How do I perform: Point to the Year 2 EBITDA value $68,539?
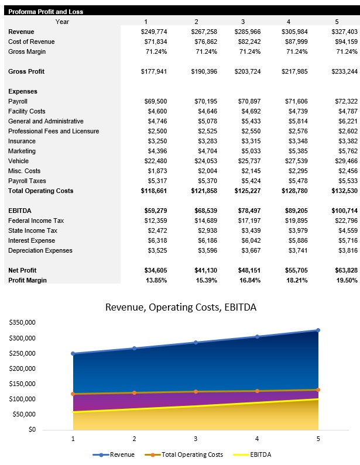coord(204,211)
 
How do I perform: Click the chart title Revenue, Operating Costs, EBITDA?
coord(180,308)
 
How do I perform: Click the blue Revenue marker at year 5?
coord(318,330)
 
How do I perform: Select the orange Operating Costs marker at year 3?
coord(196,391)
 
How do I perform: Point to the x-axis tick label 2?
coord(134,438)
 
